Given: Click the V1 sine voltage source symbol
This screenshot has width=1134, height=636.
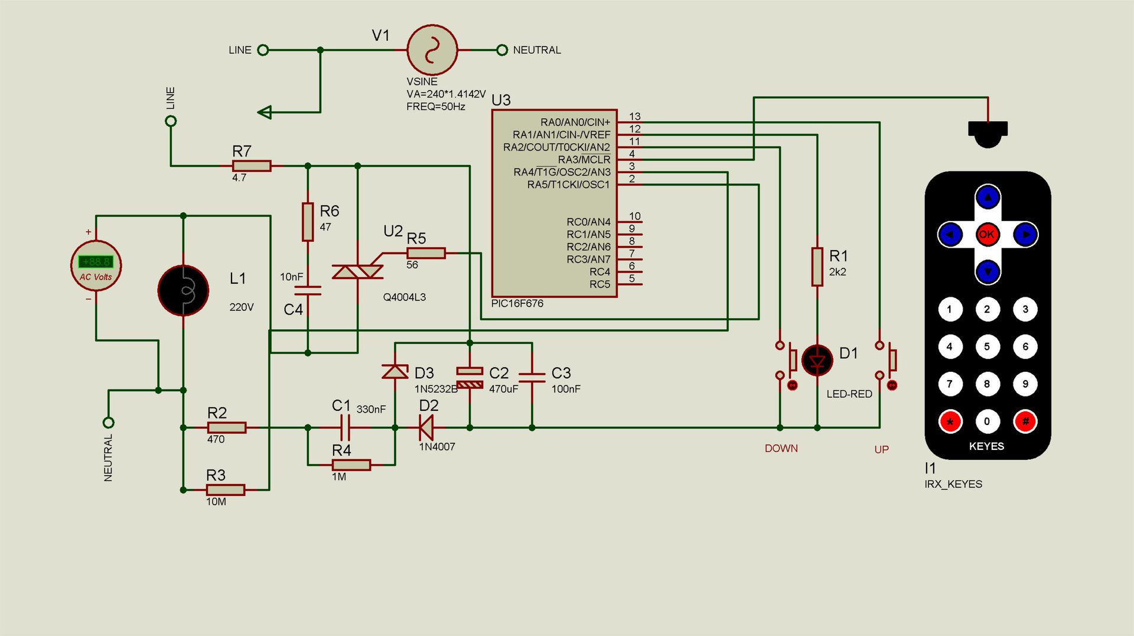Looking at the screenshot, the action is tap(432, 50).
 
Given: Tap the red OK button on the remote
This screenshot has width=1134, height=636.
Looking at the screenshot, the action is tap(987, 235).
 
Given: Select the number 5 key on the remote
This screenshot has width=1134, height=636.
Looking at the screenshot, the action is tap(987, 346).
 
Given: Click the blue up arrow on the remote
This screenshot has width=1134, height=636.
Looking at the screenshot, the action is tap(988, 197).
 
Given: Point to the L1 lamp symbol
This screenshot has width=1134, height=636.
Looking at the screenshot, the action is tap(183, 290).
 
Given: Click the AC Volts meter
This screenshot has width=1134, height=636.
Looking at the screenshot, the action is tap(96, 265).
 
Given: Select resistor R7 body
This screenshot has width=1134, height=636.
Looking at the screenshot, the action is tap(252, 166).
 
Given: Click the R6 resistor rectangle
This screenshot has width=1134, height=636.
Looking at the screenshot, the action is tap(308, 222).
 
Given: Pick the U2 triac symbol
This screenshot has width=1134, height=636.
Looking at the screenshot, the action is tap(358, 271).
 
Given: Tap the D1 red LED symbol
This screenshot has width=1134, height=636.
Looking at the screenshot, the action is tap(817, 360).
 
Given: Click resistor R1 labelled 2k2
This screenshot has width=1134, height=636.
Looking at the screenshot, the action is tap(817, 267).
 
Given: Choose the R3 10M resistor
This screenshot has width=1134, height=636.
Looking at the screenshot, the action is tap(226, 490).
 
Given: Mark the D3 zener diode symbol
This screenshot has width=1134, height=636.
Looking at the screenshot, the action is tap(395, 371).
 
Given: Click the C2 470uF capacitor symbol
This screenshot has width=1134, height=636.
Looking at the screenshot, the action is tap(470, 378).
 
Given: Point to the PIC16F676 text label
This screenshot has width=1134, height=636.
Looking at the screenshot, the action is tap(517, 303).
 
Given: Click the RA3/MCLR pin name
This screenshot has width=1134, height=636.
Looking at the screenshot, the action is tap(584, 160).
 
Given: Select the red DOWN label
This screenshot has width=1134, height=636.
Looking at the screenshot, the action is tap(781, 449).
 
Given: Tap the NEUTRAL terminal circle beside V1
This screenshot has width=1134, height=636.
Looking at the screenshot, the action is tap(502, 50).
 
